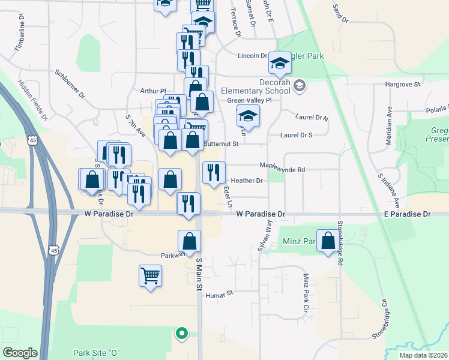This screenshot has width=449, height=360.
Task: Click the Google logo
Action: (19, 353)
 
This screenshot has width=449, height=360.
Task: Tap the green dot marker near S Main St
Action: (181, 333)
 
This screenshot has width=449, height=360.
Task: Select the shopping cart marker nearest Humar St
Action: (150, 277)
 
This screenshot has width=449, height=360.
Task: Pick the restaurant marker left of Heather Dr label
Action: (214, 173)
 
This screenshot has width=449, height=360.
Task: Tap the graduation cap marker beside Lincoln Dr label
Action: (279, 63)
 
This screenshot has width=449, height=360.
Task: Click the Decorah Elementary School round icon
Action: (300, 86)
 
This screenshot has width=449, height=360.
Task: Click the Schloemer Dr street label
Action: (70, 85)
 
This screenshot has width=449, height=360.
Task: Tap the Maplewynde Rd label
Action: (282, 169)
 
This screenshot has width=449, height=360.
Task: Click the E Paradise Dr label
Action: (409, 214)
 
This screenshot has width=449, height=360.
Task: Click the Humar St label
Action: (218, 295)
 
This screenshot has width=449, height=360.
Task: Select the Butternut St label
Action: (221, 144)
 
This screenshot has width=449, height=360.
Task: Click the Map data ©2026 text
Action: (423, 355)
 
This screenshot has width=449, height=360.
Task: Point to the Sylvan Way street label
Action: (264, 235)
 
